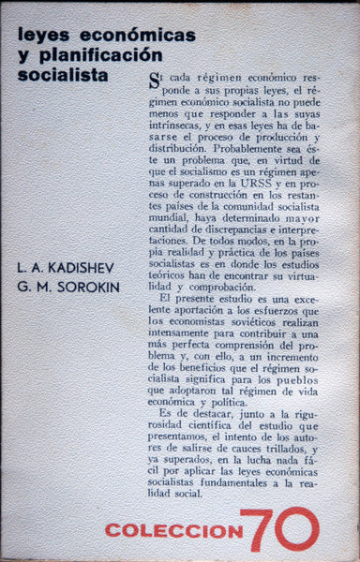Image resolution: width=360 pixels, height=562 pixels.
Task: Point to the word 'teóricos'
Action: tap(172, 266)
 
